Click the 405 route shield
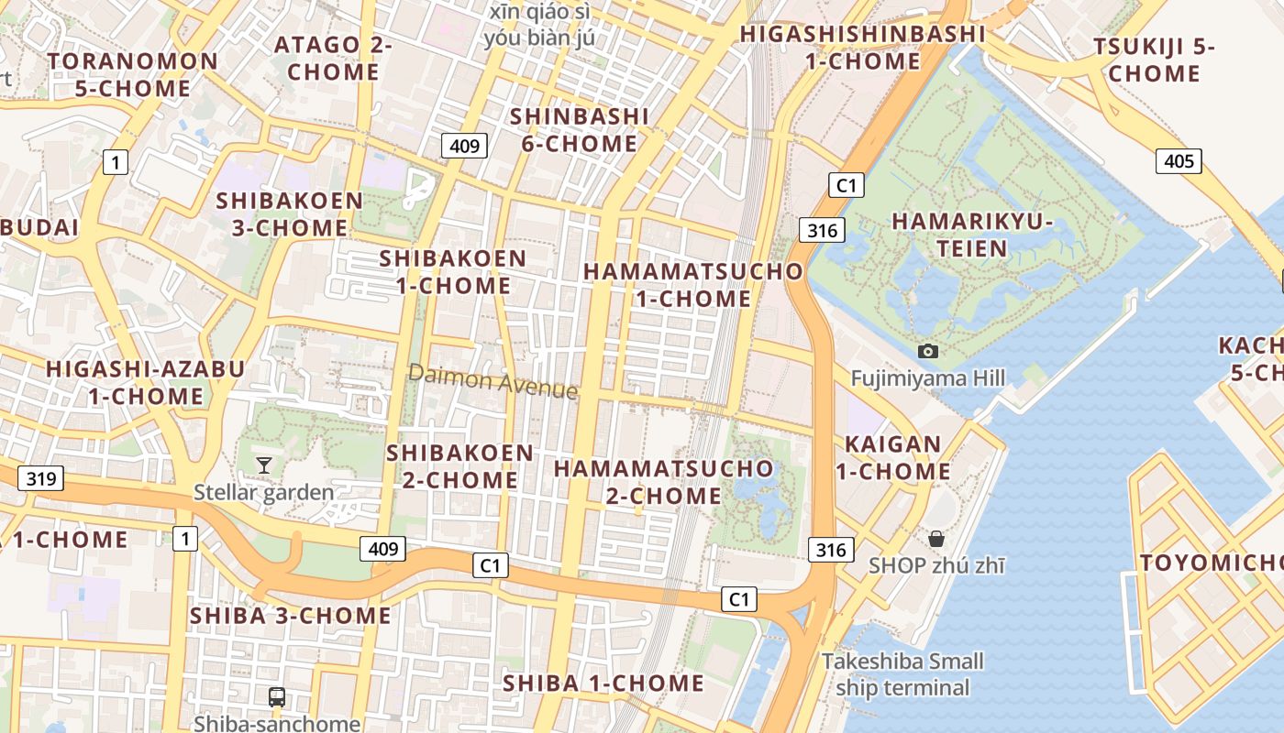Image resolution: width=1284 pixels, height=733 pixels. coord(1179,162)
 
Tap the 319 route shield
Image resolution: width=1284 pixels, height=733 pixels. coord(40,477)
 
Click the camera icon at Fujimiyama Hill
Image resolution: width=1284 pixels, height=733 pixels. coord(927,351)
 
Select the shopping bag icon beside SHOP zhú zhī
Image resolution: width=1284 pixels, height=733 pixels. coord(935,538)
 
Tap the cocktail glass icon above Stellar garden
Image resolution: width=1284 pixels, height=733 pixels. coord(263,465)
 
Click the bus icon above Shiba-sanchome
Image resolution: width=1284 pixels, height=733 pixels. coord(276,696)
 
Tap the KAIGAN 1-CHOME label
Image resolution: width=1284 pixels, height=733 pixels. coord(892,458)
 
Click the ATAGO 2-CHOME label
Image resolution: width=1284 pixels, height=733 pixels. coord(333,58)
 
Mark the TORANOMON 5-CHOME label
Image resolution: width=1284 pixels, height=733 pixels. coord(133,75)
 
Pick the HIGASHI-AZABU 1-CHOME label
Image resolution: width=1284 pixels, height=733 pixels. coord(146,383)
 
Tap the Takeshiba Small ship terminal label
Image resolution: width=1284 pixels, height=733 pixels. coord(902,674)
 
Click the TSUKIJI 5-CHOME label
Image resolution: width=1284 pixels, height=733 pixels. coord(1154,60)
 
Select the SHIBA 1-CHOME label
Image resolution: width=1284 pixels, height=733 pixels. coord(603,684)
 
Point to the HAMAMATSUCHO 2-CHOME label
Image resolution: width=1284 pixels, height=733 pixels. coord(664,482)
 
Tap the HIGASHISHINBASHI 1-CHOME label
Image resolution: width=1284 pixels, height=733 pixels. coord(862,48)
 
